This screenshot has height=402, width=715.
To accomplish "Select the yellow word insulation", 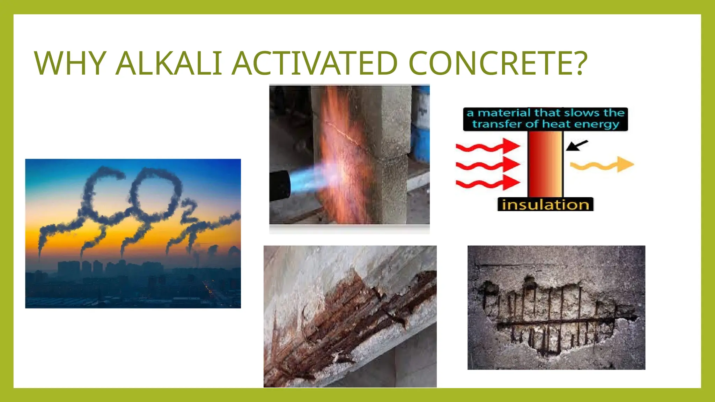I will [545, 205].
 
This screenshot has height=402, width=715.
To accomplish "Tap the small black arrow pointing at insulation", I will [577, 145].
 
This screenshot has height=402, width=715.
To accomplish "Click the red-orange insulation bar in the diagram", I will [545, 164].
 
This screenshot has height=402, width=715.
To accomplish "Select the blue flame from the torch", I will [307, 178].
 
